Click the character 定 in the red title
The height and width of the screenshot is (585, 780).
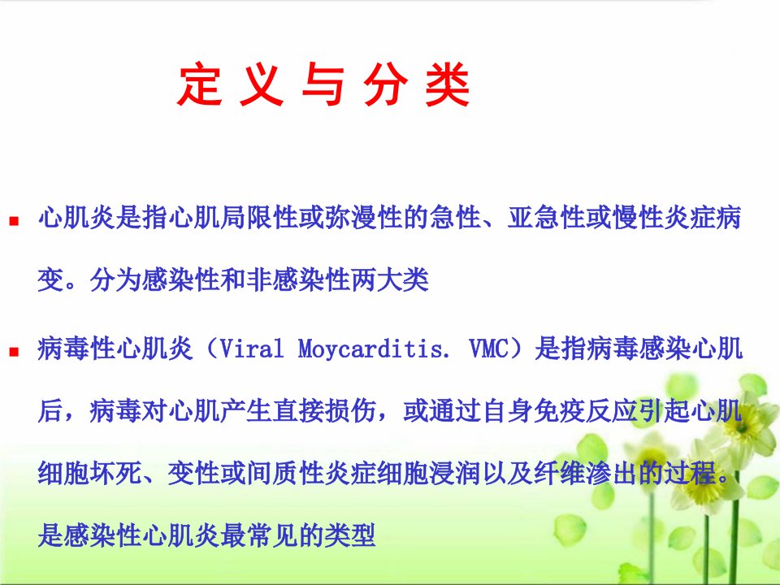(x=200, y=84)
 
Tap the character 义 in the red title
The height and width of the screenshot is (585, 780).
(x=262, y=84)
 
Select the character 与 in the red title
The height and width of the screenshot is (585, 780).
(x=323, y=84)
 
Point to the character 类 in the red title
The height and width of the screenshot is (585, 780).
(x=447, y=84)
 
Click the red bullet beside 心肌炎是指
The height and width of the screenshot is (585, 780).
(x=14, y=220)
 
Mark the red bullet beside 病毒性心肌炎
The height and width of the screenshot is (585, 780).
(x=14, y=352)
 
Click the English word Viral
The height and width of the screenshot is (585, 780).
(x=251, y=349)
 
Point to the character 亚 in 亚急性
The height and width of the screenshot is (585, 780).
(x=520, y=218)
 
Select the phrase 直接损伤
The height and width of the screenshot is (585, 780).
(x=324, y=411)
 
